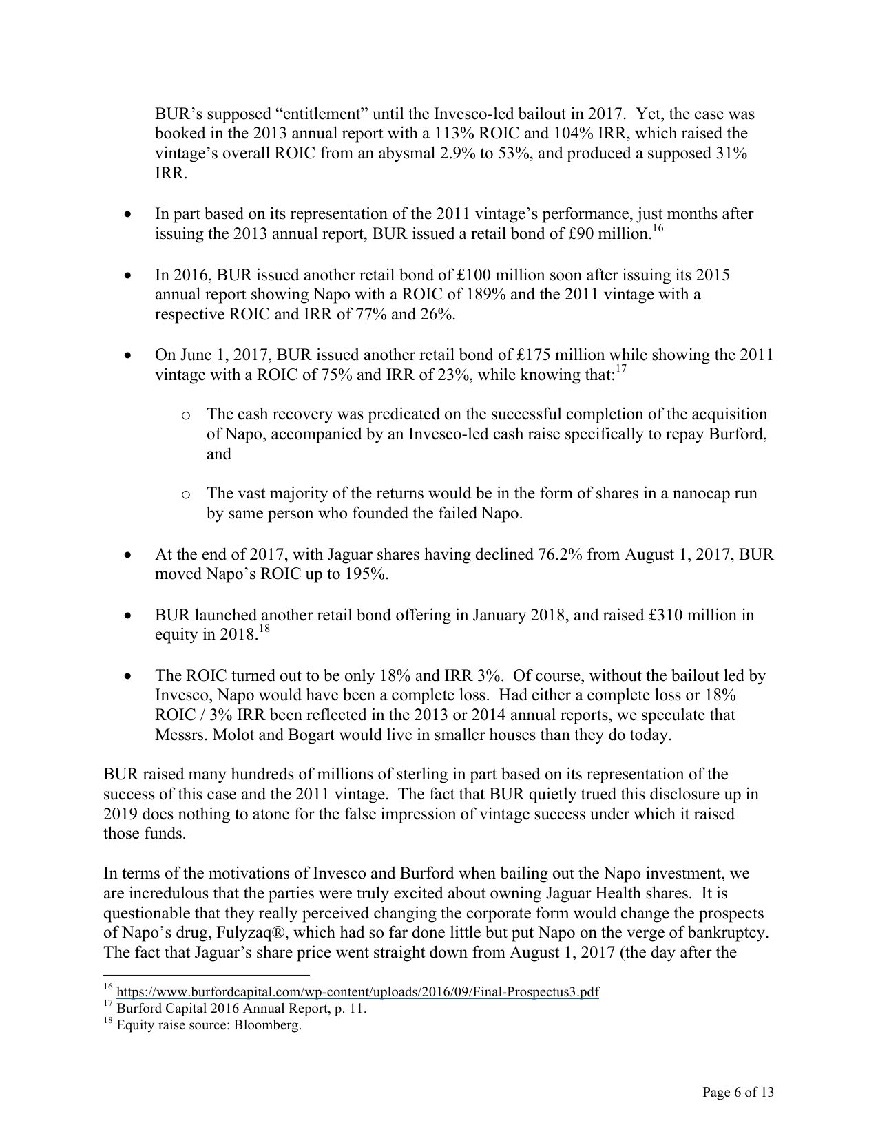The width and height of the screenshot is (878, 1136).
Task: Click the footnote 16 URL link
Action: (358, 993)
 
